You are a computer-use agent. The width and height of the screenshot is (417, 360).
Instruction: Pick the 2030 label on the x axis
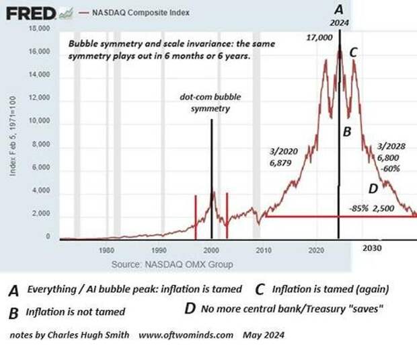(373, 248)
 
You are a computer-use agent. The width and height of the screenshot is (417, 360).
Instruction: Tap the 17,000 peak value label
(320, 39)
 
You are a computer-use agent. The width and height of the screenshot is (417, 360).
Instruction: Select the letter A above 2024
(339, 9)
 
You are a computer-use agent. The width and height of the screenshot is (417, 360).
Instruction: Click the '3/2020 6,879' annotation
(277, 159)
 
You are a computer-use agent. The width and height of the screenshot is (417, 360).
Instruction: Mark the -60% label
(391, 168)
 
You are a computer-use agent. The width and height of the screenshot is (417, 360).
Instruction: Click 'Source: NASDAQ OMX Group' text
(172, 264)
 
